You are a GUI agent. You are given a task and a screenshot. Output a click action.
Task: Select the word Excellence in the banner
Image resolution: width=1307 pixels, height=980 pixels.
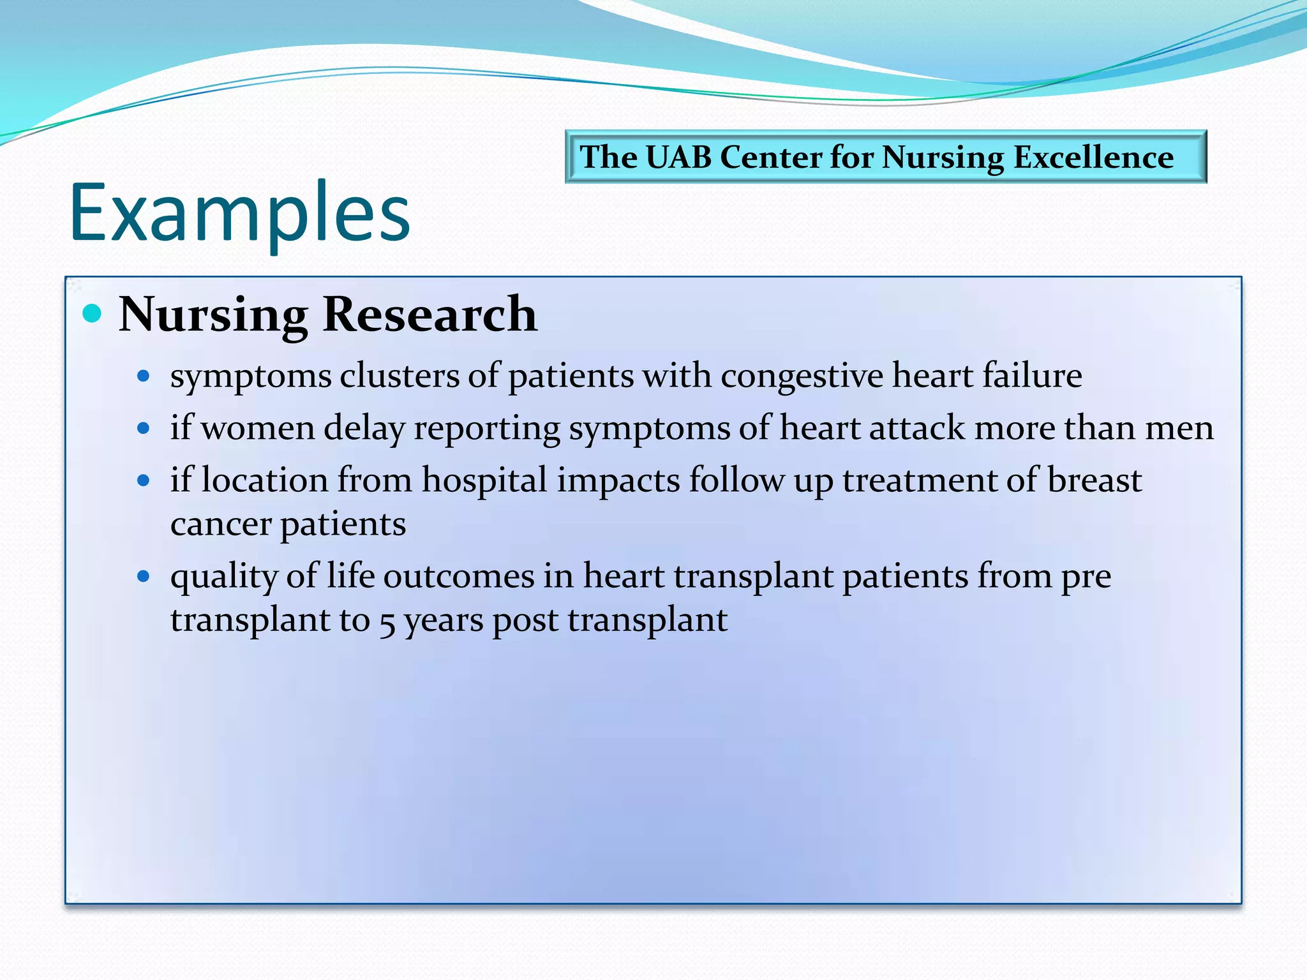[x=1093, y=157]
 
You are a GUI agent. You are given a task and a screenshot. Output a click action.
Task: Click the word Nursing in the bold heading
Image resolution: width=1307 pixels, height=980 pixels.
[x=213, y=315]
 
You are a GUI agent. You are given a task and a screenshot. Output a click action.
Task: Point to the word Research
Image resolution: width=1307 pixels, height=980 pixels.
[x=429, y=315]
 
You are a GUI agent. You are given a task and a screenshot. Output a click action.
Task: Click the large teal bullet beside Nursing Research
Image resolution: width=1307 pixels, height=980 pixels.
[x=93, y=313]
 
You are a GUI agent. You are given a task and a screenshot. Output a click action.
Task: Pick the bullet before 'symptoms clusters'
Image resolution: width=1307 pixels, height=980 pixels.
[x=144, y=376]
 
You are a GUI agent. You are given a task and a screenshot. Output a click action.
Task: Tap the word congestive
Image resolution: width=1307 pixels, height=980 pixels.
[x=802, y=376]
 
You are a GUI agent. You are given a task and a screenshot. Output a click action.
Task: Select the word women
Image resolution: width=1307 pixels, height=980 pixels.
[x=258, y=428]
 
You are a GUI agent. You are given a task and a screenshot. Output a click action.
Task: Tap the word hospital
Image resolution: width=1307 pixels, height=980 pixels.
[x=484, y=480]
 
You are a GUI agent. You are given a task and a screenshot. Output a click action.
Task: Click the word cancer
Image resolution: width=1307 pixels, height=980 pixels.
[x=221, y=525]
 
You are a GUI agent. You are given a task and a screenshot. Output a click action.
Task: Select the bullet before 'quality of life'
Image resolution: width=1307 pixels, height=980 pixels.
[x=144, y=577]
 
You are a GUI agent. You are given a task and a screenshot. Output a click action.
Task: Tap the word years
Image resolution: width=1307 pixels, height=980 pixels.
[x=444, y=621]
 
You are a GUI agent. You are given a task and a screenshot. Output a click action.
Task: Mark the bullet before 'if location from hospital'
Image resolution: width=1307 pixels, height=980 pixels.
[x=144, y=480]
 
